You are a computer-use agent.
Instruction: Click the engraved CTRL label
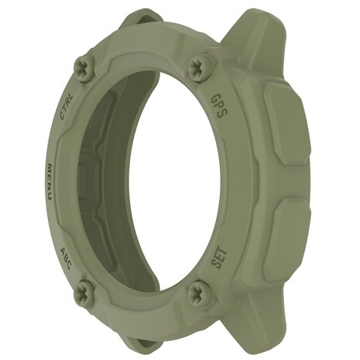68,105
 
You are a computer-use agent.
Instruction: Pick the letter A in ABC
63,249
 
